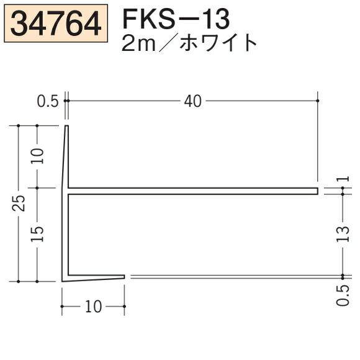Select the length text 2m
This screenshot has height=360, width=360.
coord(141,44)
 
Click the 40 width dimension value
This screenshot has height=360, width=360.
coord(193,101)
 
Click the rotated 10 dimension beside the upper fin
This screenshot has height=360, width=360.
coord(38,156)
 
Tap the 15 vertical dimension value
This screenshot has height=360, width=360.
coord(38,233)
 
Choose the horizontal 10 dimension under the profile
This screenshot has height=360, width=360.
coord(93,307)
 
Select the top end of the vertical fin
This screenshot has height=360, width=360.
coord(66,127)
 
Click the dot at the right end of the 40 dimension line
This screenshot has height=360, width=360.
coord(318,100)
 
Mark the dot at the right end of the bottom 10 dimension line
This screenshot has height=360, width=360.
coord(125,306)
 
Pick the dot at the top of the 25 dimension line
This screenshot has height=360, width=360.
coord(19,125)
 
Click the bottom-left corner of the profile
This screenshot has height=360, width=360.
coord(63,281)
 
